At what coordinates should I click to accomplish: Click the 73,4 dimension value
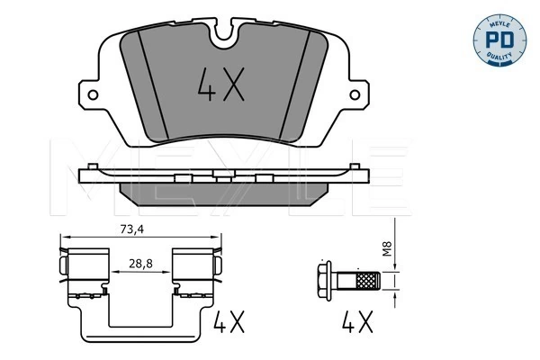coord(132,229)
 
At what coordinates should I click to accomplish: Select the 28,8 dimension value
coord(141,264)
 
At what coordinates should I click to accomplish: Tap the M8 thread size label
coord(388,248)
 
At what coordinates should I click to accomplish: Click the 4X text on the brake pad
coord(221,85)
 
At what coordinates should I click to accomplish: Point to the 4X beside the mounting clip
coord(229,322)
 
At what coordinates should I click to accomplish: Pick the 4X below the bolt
coord(357,322)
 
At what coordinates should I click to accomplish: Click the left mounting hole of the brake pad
coord(93,94)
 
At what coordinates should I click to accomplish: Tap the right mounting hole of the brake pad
coord(355,94)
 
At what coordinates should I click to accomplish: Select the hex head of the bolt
coord(324,281)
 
